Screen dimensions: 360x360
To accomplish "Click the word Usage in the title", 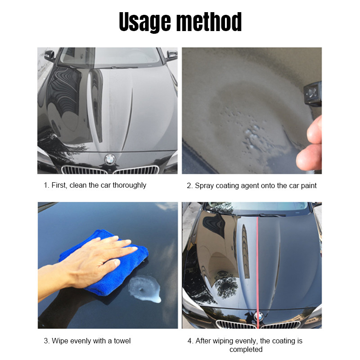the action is (145, 22).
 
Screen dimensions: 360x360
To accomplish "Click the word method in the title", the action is (209, 22).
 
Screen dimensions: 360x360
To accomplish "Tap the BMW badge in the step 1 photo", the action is (110, 159).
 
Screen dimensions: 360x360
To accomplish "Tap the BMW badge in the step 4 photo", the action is (258, 316).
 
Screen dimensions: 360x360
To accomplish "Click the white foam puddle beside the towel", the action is (144, 289).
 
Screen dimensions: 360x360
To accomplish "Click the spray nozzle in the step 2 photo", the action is (313, 94).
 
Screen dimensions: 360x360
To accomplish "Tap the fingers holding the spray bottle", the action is (310, 144).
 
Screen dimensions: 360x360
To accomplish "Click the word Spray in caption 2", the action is (204, 186).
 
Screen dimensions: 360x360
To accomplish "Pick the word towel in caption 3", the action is (122, 341).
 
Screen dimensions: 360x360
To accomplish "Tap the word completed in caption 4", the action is (246, 350).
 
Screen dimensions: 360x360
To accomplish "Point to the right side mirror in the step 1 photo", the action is (171, 55).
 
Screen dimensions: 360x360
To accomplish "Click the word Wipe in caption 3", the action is (60, 341).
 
